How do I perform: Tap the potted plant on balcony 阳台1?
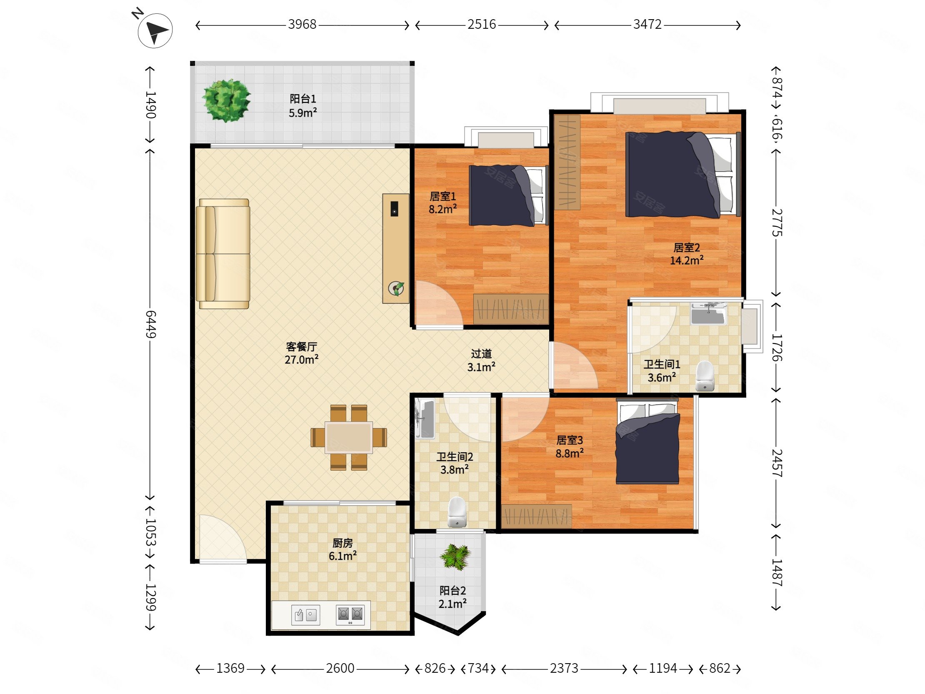pos(226,101)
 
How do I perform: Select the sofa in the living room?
pos(223,253)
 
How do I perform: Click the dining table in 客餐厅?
pos(349,437)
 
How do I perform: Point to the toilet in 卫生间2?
pos(457,511)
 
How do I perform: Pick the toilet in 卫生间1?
pos(705,375)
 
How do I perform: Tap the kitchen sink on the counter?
pos(306,615)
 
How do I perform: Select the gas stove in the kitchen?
pos(350,615)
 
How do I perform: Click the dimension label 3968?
pos(302,25)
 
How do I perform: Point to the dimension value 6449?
pos(150,324)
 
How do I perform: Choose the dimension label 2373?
pos(564,669)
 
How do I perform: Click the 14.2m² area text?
pos(687,261)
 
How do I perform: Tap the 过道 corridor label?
pos(481,354)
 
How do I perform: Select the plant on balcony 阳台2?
pos(455,557)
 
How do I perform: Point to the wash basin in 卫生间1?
pos(708,314)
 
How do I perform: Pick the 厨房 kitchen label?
pos(342,543)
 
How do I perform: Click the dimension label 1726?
pos(777,347)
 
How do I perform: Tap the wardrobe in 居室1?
pos(510,309)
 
